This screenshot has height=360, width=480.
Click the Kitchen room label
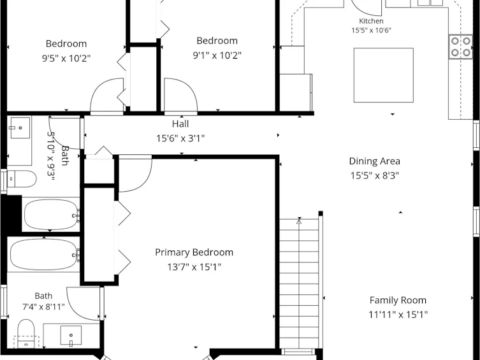tap(371, 21)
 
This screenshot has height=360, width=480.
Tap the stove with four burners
tap(461, 47)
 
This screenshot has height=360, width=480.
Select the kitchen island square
tap(384, 75)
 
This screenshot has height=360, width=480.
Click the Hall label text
tap(180, 124)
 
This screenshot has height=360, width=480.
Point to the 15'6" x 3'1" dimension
tap(180, 138)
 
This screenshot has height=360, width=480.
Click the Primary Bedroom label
tap(194, 252)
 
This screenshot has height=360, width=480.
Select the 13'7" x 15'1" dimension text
tap(194, 267)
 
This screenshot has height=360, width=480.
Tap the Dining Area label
tap(374, 161)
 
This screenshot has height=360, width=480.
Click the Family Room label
tap(398, 300)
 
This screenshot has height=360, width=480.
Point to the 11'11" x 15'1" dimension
tap(398, 314)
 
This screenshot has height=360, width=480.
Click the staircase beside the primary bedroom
tap(299, 284)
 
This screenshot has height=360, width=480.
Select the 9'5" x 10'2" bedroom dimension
tap(66, 58)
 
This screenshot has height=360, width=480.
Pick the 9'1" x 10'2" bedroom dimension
tap(217, 55)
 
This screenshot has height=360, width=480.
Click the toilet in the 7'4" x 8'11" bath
tap(26, 334)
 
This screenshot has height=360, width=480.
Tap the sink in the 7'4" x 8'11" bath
tap(71, 336)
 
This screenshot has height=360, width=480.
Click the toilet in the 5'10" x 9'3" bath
tap(22, 179)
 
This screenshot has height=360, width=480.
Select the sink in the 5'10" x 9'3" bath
tap(20, 128)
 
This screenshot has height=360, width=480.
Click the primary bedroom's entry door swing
tap(135, 173)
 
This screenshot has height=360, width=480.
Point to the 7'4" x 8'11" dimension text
tap(43, 306)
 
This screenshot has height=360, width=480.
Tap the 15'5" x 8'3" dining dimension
tap(374, 176)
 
